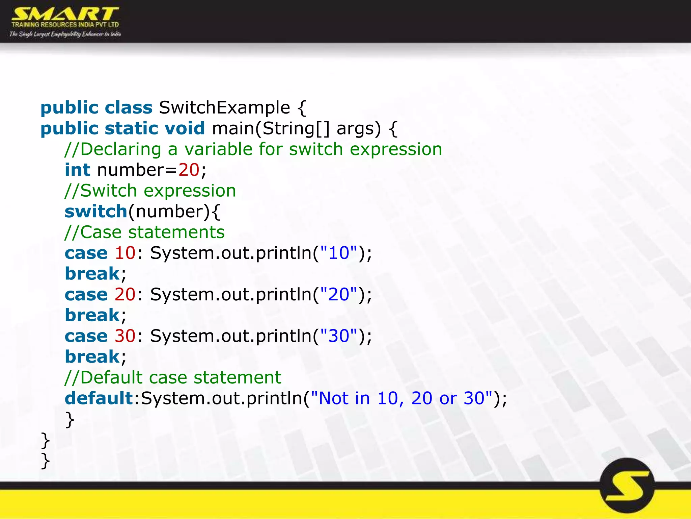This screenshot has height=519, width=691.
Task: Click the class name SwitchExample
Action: coord(224,108)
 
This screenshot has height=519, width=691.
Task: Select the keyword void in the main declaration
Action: coord(185,128)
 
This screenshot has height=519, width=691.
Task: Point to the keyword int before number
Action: coord(77,170)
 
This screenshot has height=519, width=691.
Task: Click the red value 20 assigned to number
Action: coord(189,170)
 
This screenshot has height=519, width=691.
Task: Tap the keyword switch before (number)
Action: coord(96,212)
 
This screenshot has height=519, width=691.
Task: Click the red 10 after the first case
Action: coord(125,253)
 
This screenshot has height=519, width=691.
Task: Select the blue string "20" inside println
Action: coord(338,294)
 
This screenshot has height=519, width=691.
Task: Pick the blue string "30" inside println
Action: coord(338,336)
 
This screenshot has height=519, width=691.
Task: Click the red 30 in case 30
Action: coord(125,336)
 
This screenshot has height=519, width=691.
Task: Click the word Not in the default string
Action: coord(333,398)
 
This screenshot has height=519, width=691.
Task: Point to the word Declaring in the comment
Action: coord(121,149)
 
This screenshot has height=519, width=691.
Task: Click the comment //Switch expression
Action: coord(150,191)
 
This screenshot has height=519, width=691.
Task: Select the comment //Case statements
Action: coord(144,232)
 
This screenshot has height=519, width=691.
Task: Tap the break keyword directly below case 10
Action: coord(92,274)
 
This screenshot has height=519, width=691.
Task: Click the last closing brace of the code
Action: coord(45,461)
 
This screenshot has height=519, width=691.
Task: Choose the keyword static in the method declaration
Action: coord(131,128)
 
